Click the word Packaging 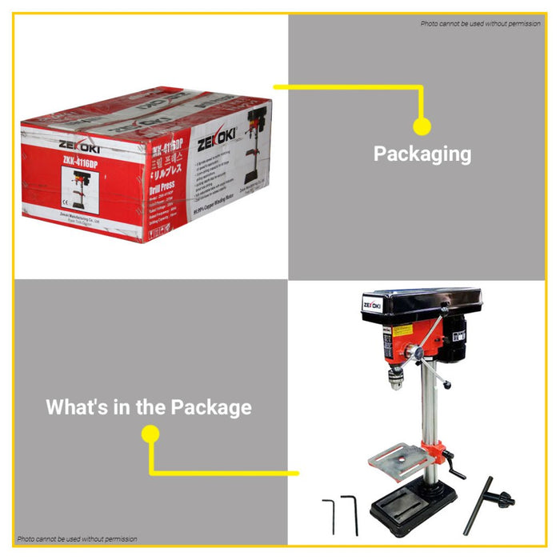(422, 154)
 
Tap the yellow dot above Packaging (422, 126)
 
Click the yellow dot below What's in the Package (150, 434)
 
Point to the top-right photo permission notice (481, 23)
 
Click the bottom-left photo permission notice (78, 539)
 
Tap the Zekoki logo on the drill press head (372, 305)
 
